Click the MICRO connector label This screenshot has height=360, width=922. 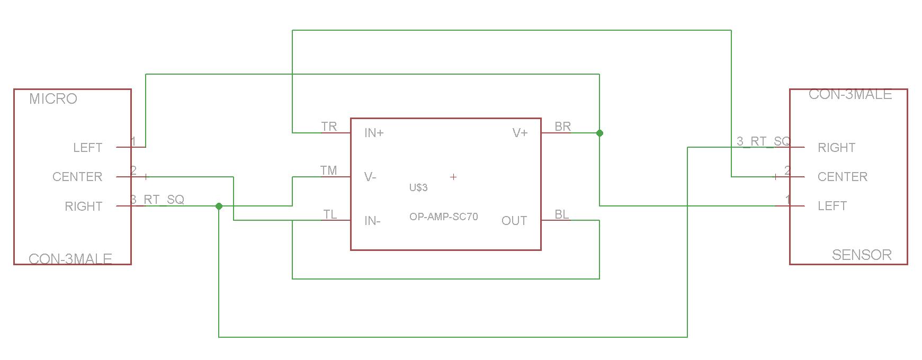(x=53, y=99)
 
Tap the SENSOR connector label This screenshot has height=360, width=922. (x=862, y=255)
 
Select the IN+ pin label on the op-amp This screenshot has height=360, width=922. (x=374, y=133)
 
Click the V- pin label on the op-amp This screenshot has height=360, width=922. (x=370, y=177)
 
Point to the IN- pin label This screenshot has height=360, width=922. (x=372, y=221)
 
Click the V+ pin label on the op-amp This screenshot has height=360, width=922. (x=520, y=133)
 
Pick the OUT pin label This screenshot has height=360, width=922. (x=514, y=221)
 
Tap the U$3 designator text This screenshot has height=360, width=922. (x=418, y=187)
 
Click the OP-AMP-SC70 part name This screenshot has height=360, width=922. (x=443, y=217)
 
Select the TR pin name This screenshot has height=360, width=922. (x=329, y=127)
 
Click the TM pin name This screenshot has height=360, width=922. (x=328, y=170)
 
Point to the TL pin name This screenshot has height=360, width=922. (x=330, y=214)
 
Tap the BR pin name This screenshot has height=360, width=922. (x=562, y=127)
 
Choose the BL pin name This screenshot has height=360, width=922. (x=562, y=214)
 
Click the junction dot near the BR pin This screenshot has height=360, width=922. (x=599, y=133)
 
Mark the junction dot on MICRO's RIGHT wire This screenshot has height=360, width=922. (x=219, y=206)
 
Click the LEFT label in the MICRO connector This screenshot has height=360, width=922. (x=87, y=148)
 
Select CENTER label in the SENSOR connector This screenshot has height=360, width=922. (x=842, y=177)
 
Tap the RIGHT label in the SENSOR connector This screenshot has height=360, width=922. (x=836, y=148)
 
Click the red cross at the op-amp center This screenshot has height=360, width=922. (x=453, y=177)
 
